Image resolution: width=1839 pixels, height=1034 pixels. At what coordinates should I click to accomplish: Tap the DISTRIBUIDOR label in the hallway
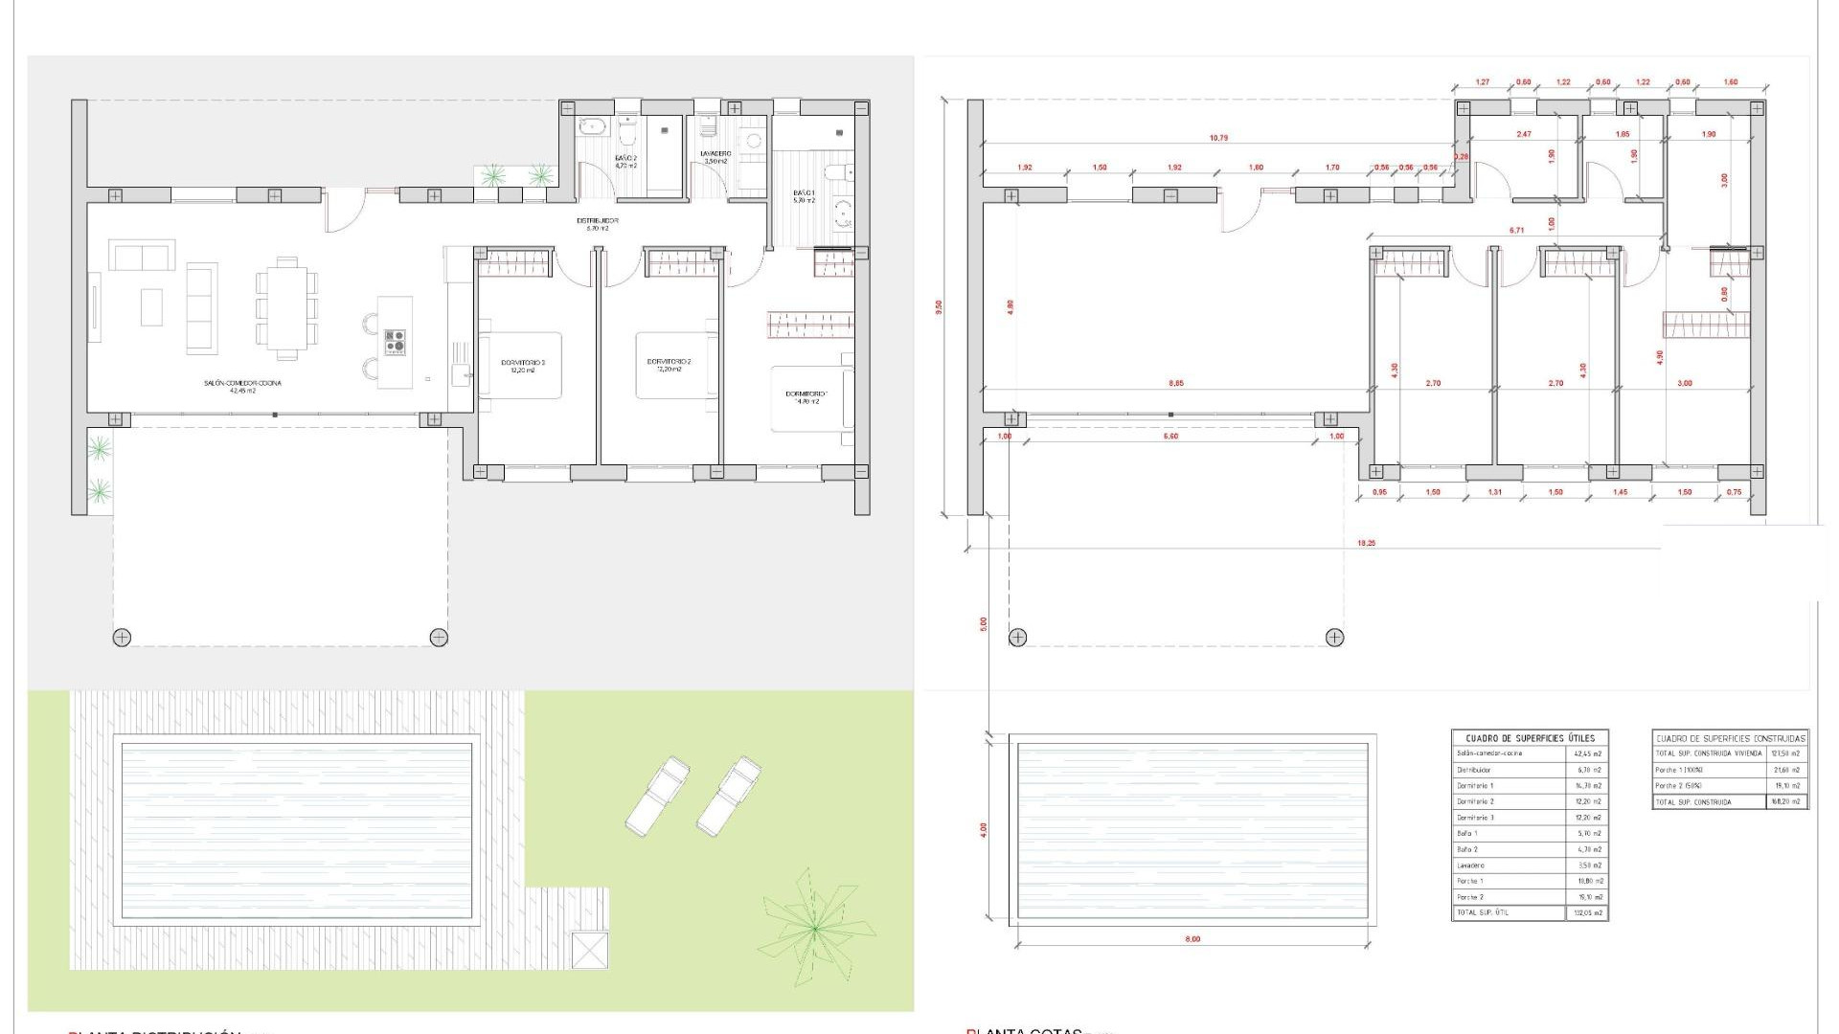point(597,221)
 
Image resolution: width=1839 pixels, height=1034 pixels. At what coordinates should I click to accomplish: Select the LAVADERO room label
point(715,153)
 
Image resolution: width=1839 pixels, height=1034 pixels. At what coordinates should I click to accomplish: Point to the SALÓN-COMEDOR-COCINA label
point(242,383)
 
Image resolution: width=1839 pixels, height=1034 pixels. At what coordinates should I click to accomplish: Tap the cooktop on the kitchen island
point(395,342)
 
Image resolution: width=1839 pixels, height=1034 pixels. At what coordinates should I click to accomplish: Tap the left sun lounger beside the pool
point(658,794)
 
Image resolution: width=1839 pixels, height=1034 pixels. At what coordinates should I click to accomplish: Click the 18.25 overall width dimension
point(1367,543)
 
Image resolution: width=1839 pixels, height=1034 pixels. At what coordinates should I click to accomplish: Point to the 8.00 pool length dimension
point(1192,939)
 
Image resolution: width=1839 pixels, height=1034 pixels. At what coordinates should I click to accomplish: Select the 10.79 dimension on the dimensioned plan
point(1217,138)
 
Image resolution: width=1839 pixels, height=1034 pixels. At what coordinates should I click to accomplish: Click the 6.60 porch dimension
point(1170,437)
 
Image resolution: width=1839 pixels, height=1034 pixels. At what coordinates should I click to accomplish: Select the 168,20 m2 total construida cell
point(1786,801)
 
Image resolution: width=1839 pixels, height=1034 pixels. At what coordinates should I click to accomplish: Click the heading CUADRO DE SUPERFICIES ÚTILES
point(1530,738)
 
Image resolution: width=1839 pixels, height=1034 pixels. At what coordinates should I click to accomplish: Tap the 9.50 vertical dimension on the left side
point(940,307)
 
